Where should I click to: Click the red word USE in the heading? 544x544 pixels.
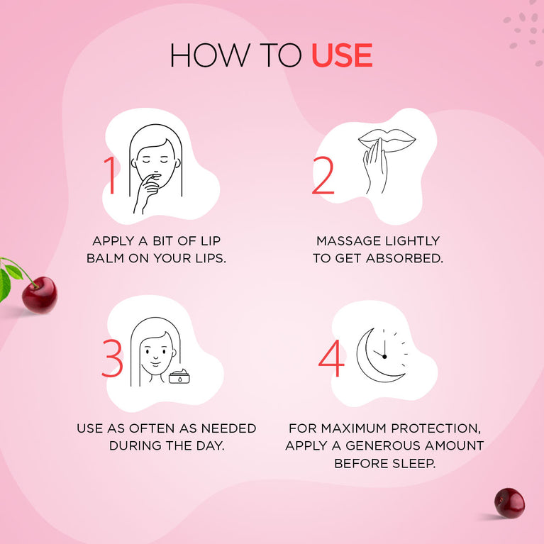tap(342, 56)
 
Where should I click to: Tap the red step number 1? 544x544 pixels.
tap(109, 175)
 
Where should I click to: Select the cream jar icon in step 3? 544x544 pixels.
tap(182, 376)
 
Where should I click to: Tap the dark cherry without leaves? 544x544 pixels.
tap(509, 503)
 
